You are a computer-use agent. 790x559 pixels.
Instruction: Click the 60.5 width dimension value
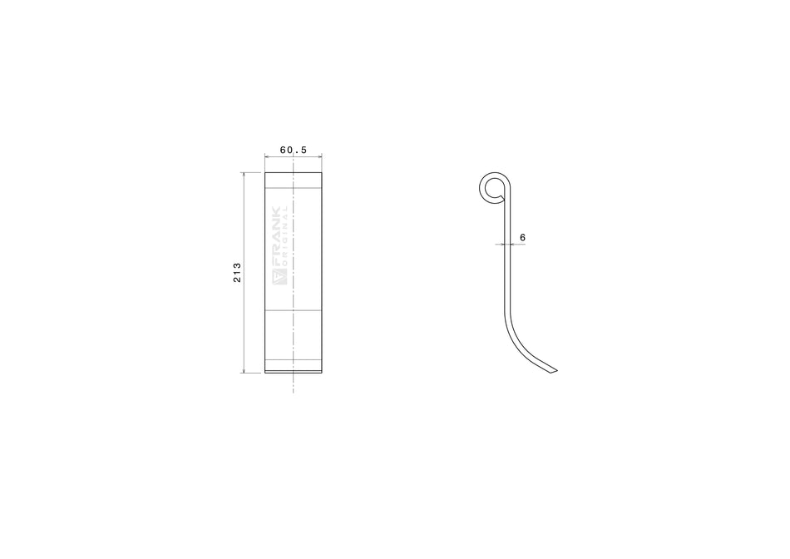(294, 151)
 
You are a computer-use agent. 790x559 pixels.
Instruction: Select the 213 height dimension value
(237, 273)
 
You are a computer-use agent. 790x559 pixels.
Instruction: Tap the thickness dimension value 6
(521, 238)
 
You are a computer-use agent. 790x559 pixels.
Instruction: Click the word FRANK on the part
(277, 237)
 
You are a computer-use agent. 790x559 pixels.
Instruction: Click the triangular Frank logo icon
(278, 278)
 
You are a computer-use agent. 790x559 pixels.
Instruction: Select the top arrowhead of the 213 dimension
(244, 175)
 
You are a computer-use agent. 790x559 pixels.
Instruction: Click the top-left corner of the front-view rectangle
(265, 173)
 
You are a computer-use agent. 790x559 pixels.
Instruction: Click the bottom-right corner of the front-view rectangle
(323, 373)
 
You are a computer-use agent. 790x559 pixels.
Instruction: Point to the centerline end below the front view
(294, 391)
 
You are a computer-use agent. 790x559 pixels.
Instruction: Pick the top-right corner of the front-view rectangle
(323, 173)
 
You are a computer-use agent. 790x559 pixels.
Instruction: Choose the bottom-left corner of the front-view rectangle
(265, 373)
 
